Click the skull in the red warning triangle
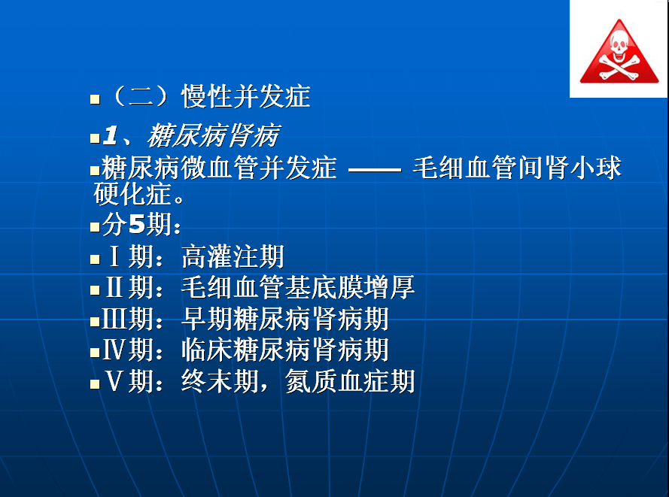(x=619, y=46)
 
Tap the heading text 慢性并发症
(x=246, y=96)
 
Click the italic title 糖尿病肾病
(x=214, y=136)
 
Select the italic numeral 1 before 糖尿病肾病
(x=111, y=135)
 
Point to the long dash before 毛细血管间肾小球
(x=375, y=170)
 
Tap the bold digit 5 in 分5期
(x=137, y=224)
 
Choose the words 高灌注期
(x=233, y=256)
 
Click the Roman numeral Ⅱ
(x=114, y=287)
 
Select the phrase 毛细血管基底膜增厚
(x=298, y=287)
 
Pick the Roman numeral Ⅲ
(x=115, y=318)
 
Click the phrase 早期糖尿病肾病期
(x=285, y=319)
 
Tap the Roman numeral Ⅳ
(x=114, y=350)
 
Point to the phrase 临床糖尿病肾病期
(x=285, y=350)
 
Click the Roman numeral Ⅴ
(x=114, y=380)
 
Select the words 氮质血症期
(x=350, y=381)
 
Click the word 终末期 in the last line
(x=220, y=381)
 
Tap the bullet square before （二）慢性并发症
(x=95, y=99)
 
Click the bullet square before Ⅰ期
(x=95, y=259)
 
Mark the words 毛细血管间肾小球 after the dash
(x=517, y=168)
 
